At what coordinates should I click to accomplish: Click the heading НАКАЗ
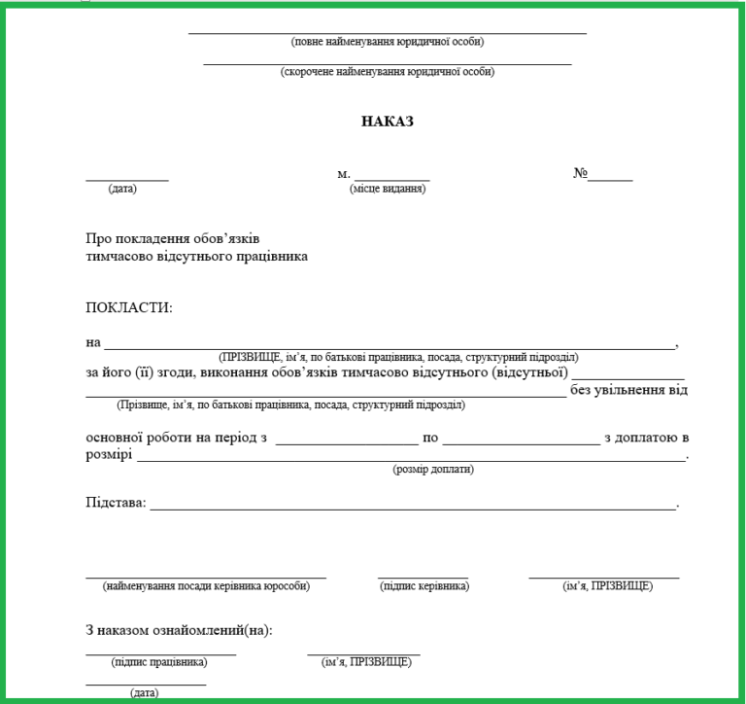(388, 122)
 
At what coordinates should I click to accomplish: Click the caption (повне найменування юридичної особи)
(388, 42)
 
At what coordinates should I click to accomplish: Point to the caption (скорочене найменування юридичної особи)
(388, 72)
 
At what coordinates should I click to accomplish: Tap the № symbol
(582, 175)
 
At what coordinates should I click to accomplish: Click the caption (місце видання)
(388, 189)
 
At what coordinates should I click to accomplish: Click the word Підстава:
(116, 503)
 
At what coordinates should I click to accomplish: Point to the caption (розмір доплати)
(433, 470)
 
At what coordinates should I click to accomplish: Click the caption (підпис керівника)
(424, 586)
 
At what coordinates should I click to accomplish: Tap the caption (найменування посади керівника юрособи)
(206, 586)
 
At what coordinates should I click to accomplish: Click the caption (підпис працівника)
(160, 662)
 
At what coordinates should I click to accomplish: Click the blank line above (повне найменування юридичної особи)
(388, 33)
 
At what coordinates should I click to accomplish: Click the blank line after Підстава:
(413, 509)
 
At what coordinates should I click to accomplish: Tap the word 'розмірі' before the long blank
(109, 453)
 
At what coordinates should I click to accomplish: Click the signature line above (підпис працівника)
(160, 653)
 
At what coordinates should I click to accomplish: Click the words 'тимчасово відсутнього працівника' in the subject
(197, 258)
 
